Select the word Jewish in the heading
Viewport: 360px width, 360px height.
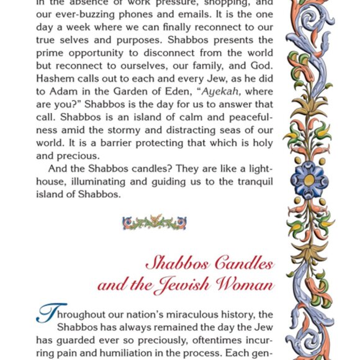184,286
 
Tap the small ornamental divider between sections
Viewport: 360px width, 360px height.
155,222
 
